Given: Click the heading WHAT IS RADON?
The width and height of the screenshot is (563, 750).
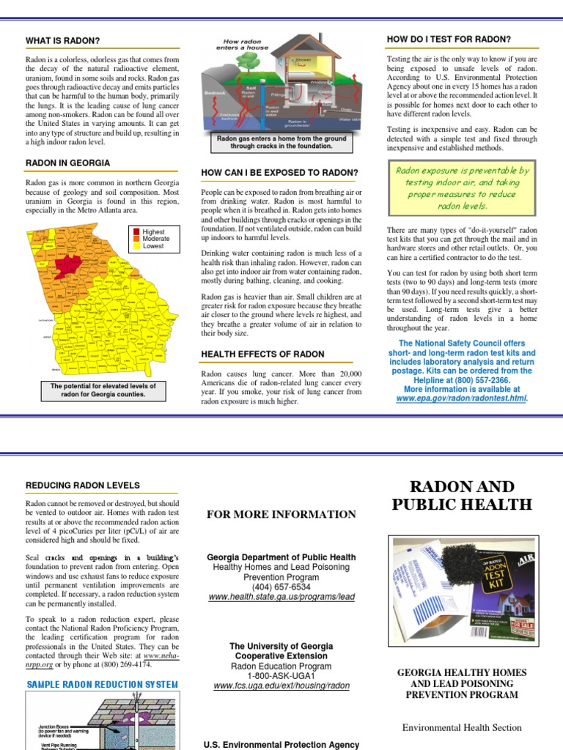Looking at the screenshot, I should [63, 40].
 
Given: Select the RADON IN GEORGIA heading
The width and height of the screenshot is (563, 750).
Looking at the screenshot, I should [68, 163].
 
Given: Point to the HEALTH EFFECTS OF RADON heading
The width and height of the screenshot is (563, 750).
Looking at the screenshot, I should [262, 354].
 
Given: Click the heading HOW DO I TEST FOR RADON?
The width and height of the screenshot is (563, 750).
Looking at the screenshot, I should [449, 39].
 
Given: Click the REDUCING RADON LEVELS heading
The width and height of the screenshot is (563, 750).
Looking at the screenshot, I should [82, 486].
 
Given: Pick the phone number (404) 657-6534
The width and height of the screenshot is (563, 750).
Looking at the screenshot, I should [281, 587].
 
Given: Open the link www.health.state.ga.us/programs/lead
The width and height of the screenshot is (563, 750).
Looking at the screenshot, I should [281, 597].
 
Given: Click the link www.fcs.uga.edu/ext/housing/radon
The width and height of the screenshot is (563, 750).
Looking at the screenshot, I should [281, 686].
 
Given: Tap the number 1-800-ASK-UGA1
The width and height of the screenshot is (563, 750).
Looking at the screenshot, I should [281, 677].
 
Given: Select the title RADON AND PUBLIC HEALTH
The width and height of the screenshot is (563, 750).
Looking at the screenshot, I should [461, 495].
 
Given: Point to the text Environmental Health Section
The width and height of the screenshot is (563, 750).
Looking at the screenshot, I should [462, 727].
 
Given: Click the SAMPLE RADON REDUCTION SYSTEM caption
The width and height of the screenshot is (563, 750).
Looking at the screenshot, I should [103, 685].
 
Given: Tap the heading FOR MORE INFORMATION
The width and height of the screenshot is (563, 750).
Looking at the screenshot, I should [281, 514].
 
